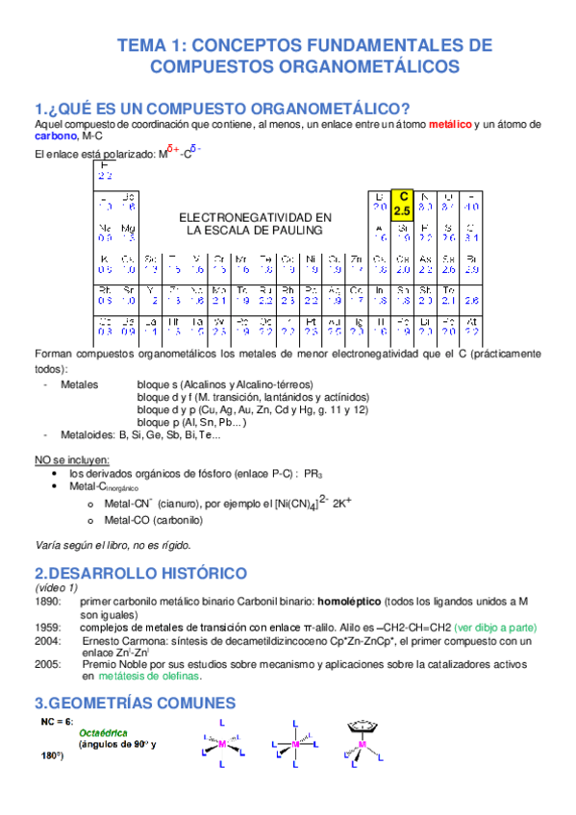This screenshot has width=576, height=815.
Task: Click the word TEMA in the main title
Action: tap(142, 45)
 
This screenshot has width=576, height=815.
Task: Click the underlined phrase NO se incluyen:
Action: tap(72, 459)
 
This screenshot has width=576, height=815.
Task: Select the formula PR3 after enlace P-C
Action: tap(313, 474)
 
